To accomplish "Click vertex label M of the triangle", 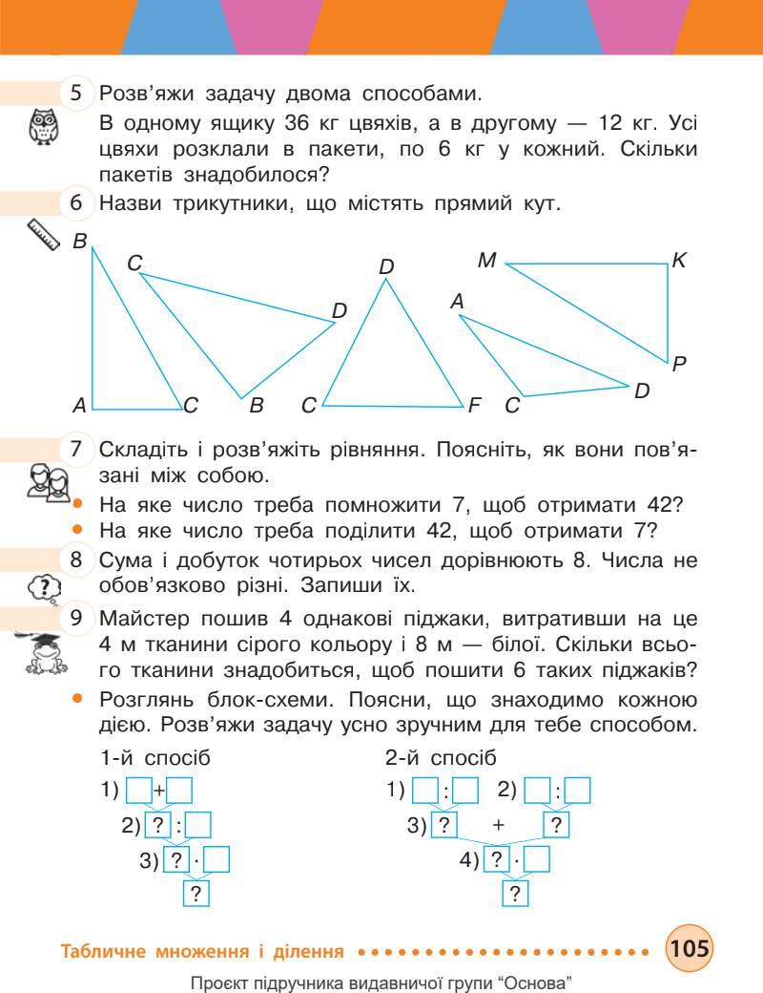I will pyautogui.click(x=487, y=260).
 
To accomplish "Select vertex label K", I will pyautogui.click(x=679, y=260).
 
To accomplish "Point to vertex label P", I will pyautogui.click(x=679, y=363).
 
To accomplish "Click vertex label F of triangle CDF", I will pyautogui.click(x=474, y=406).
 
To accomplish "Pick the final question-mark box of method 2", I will pyautogui.click(x=515, y=894).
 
